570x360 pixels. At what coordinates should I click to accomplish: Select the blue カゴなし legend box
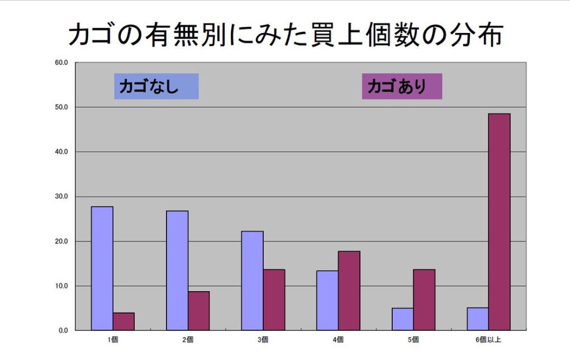point(156,87)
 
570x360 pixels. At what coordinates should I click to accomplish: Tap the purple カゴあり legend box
point(402,87)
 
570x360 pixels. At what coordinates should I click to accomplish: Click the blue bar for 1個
point(102,268)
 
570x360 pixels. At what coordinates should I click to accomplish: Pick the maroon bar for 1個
point(123,321)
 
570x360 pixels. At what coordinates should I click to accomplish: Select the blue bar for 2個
point(177,271)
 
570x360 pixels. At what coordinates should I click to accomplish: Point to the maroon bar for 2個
point(198,311)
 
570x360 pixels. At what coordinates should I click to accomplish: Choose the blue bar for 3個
point(253,281)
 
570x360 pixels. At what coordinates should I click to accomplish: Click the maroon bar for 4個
point(349,291)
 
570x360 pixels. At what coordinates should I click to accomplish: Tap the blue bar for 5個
point(402,319)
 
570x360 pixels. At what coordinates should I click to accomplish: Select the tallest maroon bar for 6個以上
point(499,222)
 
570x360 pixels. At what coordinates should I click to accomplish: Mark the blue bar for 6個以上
point(478,319)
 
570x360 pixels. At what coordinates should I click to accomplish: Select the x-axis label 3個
point(263,339)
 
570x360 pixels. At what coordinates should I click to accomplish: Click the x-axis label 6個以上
point(488,339)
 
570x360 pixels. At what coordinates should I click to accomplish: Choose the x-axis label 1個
point(112,339)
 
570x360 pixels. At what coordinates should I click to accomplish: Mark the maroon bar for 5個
point(424,300)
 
